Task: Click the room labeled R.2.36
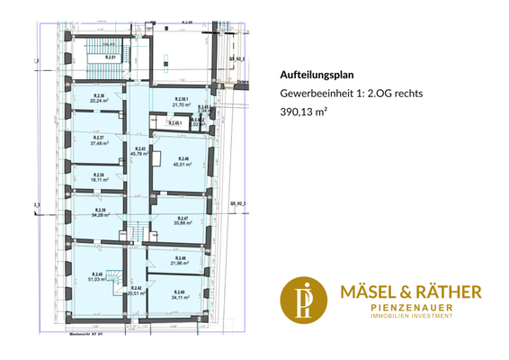coord(99,96)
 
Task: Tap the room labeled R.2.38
coord(99,175)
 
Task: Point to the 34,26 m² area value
coord(99,215)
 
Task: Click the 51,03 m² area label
coord(97,279)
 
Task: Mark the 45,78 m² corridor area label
coord(139,153)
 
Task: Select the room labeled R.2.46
coord(183,158)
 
